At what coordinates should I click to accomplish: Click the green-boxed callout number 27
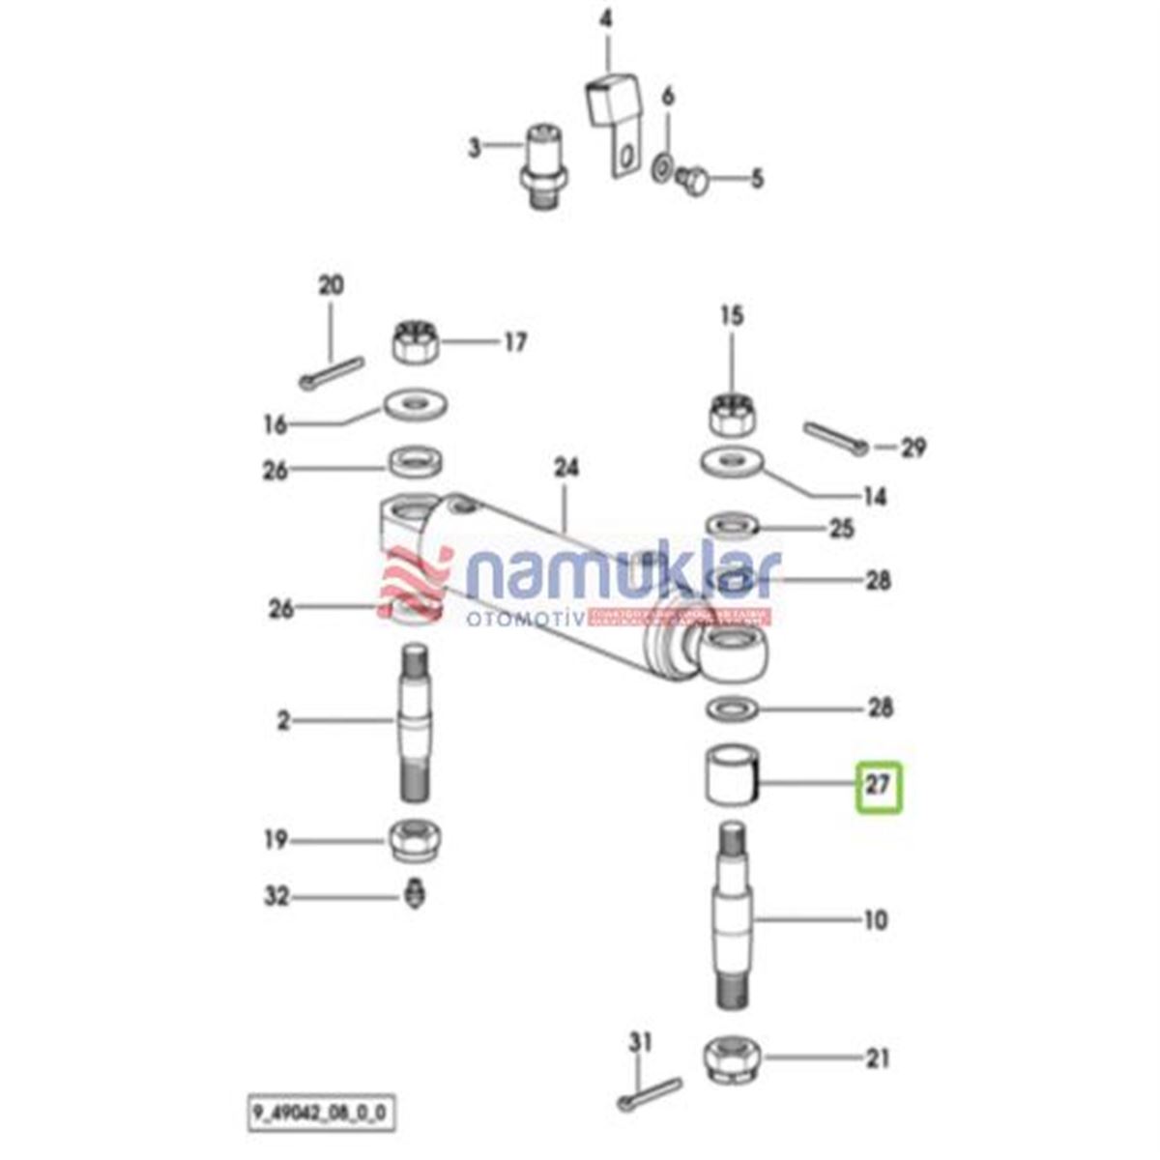878,785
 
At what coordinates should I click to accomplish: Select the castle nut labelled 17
417,343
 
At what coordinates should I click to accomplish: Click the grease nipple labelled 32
415,894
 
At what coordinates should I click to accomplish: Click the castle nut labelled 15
732,414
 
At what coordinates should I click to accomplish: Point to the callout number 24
565,468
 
